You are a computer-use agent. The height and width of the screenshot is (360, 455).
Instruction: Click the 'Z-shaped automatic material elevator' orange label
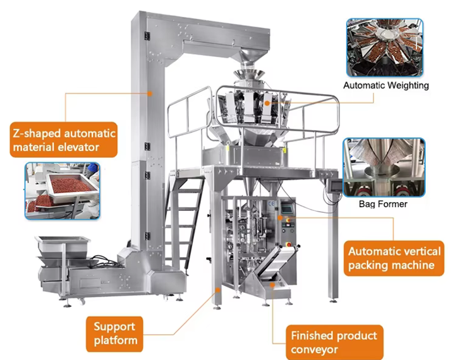tap(64, 140)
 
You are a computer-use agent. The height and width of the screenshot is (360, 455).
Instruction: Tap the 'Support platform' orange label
tap(114, 334)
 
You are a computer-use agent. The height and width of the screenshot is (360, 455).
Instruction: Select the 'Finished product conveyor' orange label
tap(334, 342)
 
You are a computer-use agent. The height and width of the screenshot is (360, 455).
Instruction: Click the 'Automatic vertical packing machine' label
tap(394, 258)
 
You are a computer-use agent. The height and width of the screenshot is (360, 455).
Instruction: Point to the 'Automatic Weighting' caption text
tap(386, 85)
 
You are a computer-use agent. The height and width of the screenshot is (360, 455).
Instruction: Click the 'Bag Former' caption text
tap(383, 204)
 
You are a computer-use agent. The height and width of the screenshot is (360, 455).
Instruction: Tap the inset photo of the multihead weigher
tap(385, 47)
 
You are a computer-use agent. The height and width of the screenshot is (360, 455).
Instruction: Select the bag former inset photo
tap(384, 167)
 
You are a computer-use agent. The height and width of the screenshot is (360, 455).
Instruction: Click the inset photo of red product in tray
tap(63, 191)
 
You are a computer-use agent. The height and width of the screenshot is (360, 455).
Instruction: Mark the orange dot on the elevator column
tap(150, 93)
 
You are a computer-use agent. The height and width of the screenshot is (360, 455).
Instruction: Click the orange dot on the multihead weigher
tap(267, 103)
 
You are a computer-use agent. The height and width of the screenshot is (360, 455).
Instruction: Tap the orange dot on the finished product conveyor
tap(272, 285)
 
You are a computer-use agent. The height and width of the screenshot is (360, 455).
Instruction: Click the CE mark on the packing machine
tap(271, 203)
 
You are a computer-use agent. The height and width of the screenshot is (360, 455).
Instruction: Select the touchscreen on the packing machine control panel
tap(287, 209)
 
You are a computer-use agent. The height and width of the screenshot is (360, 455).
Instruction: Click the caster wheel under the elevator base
tap(82, 302)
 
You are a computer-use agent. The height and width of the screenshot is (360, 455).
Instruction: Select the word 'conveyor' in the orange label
tap(314, 349)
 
